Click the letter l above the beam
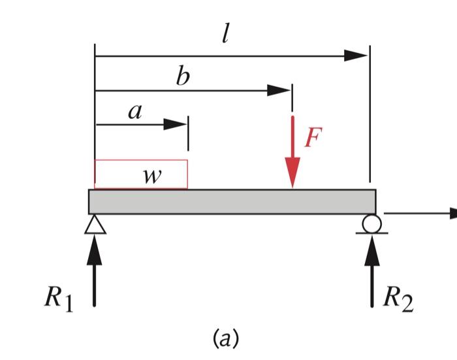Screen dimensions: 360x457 [x=225, y=35]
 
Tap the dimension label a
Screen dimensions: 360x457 [x=135, y=112]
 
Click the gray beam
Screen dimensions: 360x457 [x=232, y=201]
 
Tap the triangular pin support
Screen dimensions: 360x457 [x=95, y=224]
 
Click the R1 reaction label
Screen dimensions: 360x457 [x=58, y=299]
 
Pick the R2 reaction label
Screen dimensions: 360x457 [x=398, y=299]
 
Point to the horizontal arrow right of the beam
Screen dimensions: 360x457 [x=421, y=213]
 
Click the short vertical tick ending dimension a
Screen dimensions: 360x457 [x=188, y=133]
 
